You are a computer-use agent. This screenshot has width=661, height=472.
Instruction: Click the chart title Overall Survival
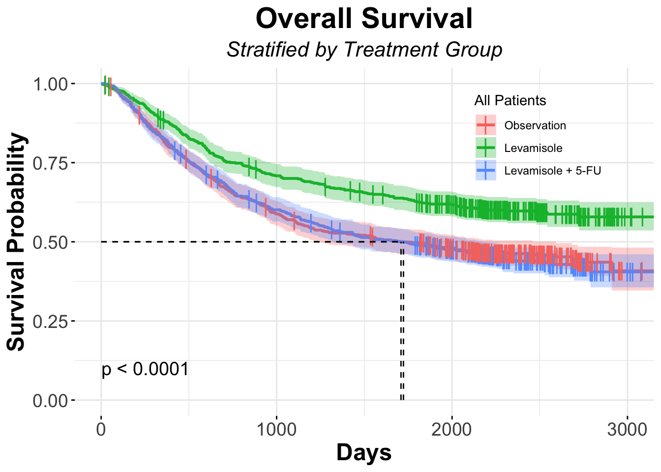(364, 20)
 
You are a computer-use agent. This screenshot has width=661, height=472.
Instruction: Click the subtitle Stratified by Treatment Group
(364, 50)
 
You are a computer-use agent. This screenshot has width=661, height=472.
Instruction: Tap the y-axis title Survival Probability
(17, 241)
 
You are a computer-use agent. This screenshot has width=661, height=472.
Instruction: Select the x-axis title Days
(364, 452)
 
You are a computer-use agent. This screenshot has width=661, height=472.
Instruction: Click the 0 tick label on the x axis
(101, 429)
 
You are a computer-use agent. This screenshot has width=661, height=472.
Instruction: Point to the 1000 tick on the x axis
(276, 429)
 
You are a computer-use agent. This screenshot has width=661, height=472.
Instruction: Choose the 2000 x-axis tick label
(451, 429)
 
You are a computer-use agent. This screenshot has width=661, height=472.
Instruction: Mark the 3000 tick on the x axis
(627, 429)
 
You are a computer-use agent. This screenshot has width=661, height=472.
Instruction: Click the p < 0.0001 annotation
(145, 369)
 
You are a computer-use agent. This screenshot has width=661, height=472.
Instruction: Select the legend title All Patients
(510, 101)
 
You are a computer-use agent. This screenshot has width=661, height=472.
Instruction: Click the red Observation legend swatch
(485, 125)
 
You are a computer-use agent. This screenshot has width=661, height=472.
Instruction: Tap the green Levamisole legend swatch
(485, 148)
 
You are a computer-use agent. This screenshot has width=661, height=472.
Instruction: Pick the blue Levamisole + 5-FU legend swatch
(485, 171)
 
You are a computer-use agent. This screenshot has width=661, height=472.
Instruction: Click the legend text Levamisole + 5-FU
(553, 171)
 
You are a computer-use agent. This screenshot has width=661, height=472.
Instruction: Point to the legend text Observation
(535, 126)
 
